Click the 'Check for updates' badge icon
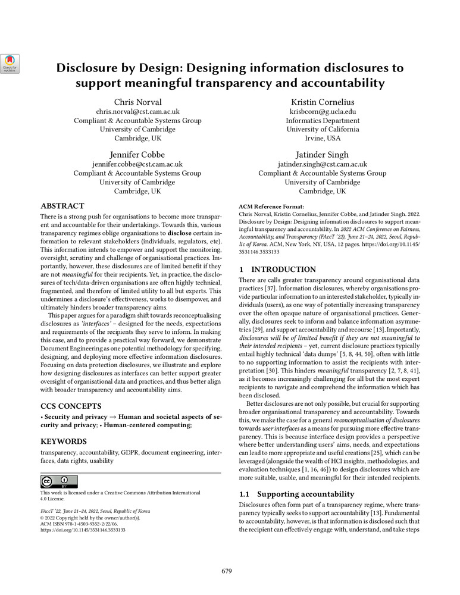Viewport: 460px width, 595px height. tap(11, 64)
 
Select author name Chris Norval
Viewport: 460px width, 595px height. tap(137, 102)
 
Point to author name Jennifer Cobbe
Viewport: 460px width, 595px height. tap(137, 154)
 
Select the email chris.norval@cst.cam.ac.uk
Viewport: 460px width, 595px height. tap(137, 111)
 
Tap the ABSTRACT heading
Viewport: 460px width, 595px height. tap(62, 206)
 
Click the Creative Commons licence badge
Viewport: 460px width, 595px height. tap(59, 481)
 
